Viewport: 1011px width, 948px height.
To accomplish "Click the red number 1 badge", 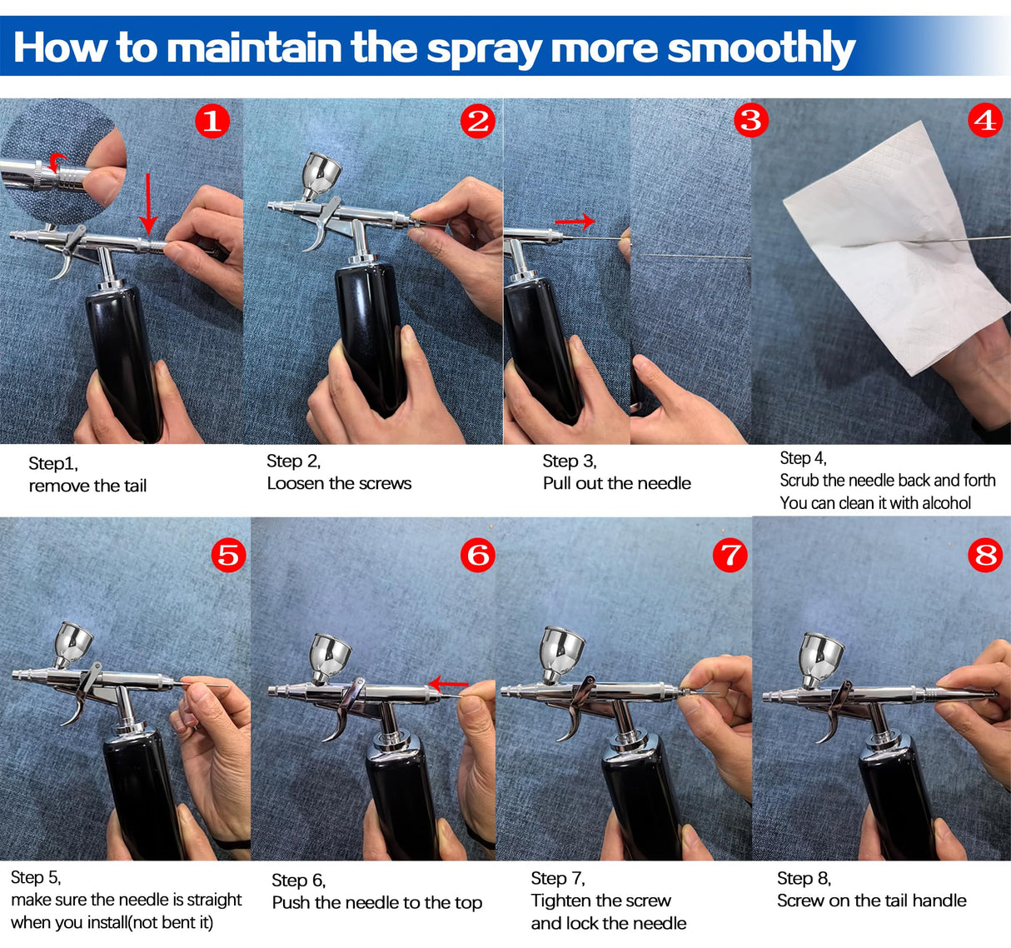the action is tap(212, 122).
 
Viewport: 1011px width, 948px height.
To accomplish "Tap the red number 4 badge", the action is tap(985, 121).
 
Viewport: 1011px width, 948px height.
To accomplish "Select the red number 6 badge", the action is tap(477, 556).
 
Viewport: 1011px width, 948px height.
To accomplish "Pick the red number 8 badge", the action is tap(985, 555).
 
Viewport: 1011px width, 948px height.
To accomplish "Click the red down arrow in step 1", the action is tap(148, 203).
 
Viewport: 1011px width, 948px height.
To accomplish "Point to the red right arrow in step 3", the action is tap(575, 222).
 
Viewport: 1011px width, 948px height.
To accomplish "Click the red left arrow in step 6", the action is tap(448, 684).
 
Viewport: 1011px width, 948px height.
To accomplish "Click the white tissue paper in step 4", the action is tap(896, 250).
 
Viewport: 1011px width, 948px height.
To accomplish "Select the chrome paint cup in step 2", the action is tap(321, 174).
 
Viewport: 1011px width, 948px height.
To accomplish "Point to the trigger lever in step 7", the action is tap(576, 709).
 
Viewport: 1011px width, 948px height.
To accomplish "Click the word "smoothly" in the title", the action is tap(761, 48).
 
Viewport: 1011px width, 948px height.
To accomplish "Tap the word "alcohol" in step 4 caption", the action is tap(946, 503).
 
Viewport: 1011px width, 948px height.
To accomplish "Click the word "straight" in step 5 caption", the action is tap(214, 901).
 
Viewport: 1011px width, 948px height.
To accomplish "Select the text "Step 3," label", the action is tap(569, 461).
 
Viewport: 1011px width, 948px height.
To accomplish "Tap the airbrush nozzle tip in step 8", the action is tap(769, 695).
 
